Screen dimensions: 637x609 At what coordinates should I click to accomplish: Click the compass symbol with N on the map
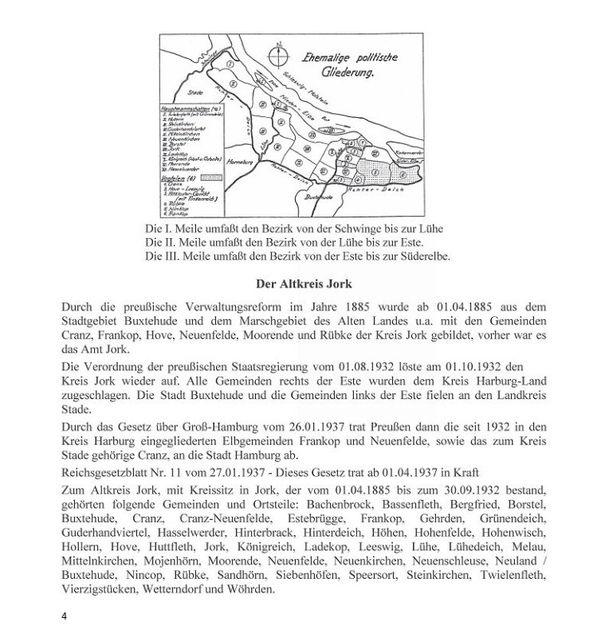[x=277, y=57]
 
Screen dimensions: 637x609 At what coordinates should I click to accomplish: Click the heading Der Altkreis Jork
[x=304, y=283]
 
